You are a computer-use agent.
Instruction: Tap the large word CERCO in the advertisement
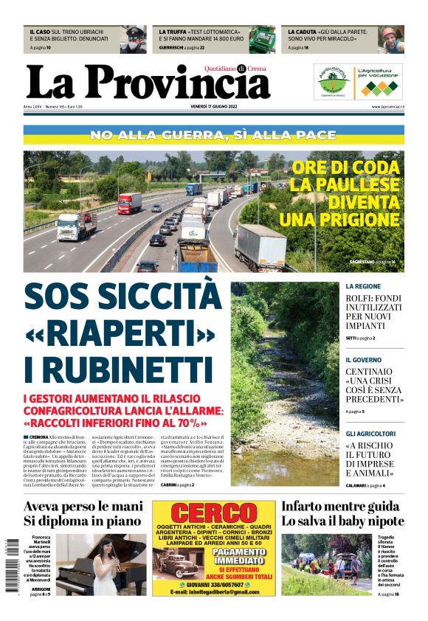pos(213,513)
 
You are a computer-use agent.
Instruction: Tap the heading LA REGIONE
pos(363,285)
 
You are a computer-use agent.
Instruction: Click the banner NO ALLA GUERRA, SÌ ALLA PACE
pos(213,136)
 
